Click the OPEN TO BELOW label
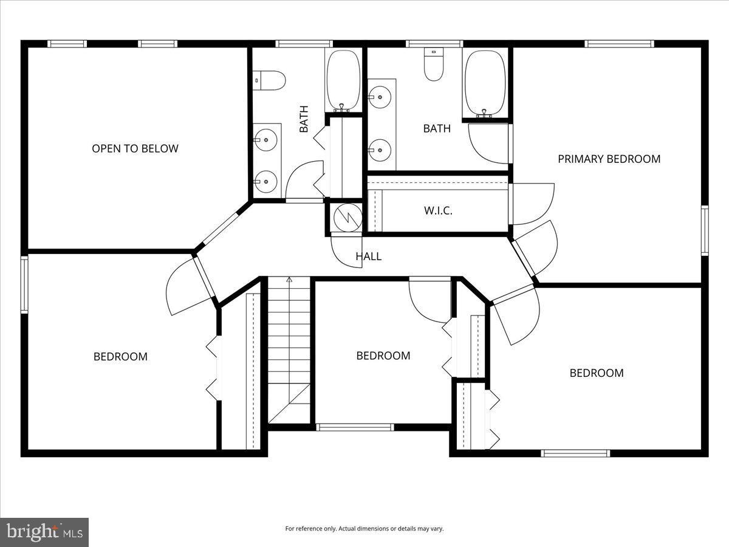pos(135,148)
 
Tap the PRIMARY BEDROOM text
pos(609,159)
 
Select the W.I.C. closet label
pos(437,211)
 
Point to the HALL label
pos(368,256)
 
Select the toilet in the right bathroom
pos(434,66)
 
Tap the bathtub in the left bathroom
pos(344,80)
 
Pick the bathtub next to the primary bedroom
pos(485,83)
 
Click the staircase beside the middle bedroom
pos(289,349)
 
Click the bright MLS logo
pos(44,532)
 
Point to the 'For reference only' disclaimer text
pos(364,529)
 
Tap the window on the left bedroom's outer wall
pos(24,284)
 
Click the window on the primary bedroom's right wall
pos(705,230)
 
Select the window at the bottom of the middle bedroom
pos(355,427)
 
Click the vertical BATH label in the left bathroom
pos(304,119)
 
